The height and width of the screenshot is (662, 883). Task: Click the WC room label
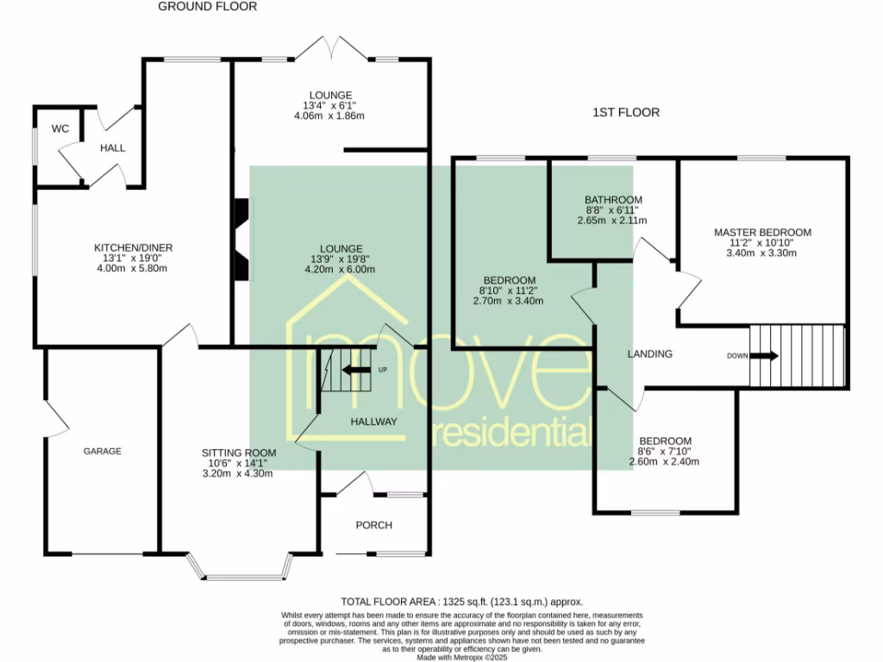60,129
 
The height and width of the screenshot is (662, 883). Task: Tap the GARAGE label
103,451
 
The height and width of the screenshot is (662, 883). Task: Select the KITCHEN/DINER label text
134,247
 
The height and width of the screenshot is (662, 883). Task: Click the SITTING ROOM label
239,453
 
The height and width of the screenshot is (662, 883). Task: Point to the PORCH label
374,525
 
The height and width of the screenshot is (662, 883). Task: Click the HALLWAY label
374,422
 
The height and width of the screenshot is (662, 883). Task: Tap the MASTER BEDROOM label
762,233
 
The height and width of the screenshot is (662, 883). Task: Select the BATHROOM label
613,200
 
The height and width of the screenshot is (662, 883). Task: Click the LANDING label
650,354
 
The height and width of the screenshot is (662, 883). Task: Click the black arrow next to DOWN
766,356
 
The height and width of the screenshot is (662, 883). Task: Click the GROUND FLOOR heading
207,7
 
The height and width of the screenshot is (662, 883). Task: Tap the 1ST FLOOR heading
626,113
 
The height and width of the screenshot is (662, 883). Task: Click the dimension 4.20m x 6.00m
340,270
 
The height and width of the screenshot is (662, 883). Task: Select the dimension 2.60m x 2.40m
664,462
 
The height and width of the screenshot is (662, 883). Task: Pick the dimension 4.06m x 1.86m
329,116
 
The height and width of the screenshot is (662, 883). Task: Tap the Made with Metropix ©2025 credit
462,658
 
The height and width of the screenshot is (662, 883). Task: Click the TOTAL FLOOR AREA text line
462,602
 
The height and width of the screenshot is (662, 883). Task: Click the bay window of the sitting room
241,569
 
